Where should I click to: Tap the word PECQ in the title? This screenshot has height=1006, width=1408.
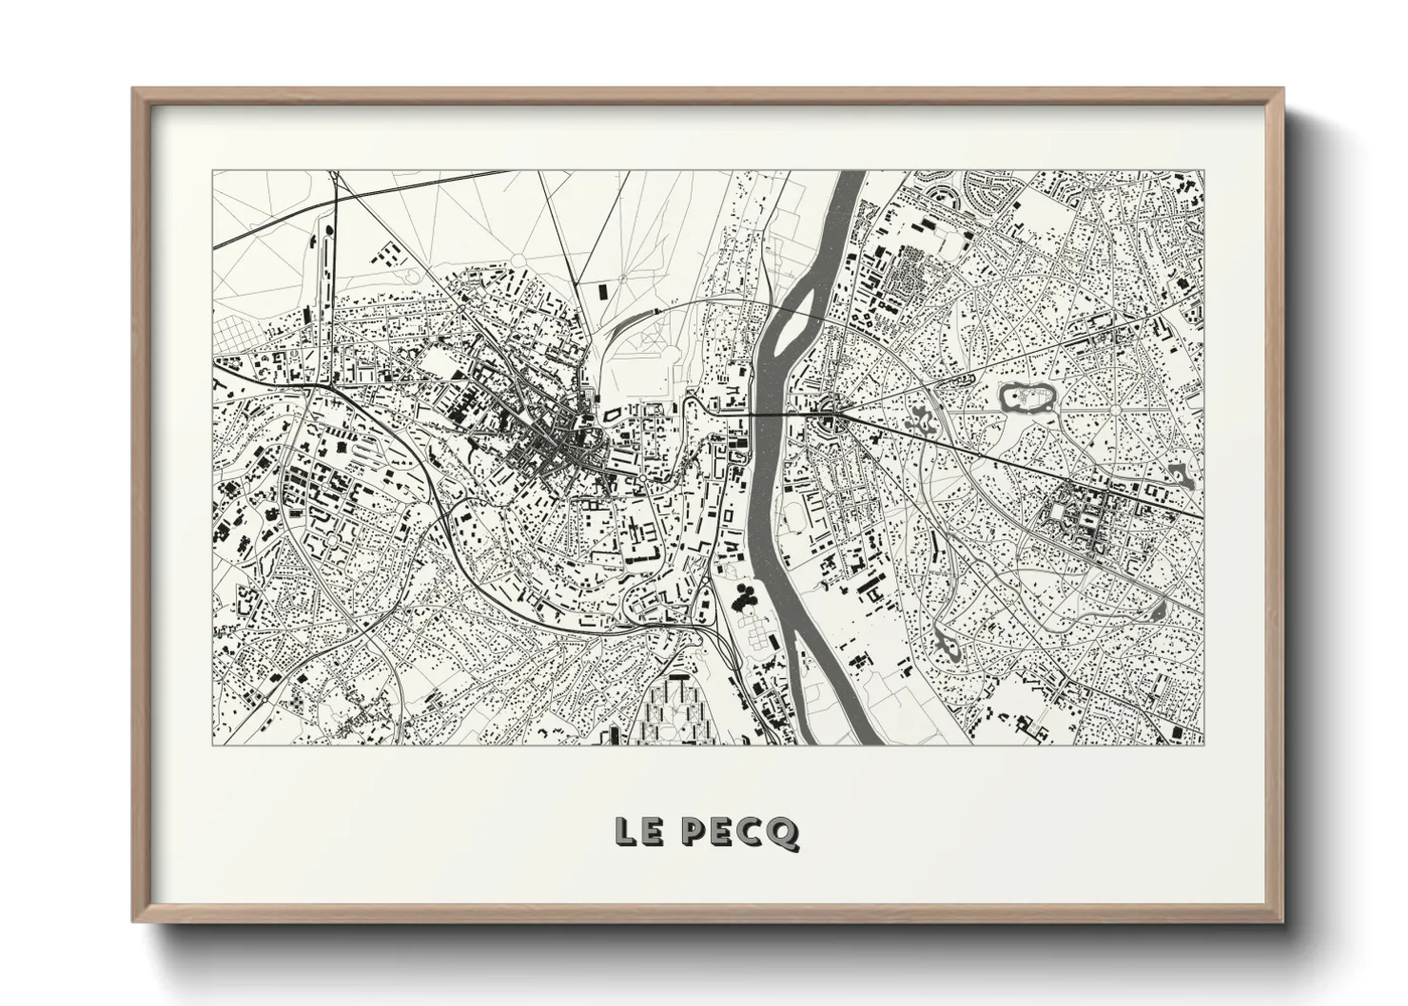pos(741,832)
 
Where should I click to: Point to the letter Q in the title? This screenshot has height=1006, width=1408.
pos(785,833)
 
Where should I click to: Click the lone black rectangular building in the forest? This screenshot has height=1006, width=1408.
pos(600,290)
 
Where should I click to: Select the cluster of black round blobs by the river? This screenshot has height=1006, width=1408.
pos(745,598)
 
